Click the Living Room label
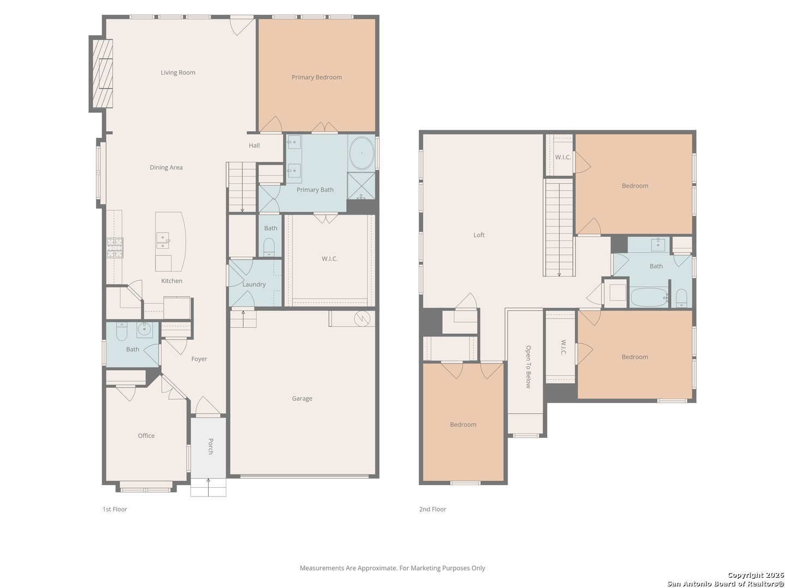pos(178,72)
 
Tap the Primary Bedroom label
pos(317,77)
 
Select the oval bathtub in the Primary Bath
pos(361,153)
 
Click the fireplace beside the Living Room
pos(102,73)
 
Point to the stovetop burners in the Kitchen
pos(115,248)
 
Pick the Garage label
pos(302,399)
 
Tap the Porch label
pos(210,446)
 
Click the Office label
pos(146,436)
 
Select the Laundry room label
pos(254,285)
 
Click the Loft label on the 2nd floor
pos(479,235)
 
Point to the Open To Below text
pos(528,366)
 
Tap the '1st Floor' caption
pos(115,509)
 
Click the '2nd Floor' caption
pos(433,509)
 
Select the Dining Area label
pos(166,168)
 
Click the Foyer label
pos(199,359)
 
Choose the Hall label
pos(254,145)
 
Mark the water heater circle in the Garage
pos(363,318)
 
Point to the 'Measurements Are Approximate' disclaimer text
pos(392,568)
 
